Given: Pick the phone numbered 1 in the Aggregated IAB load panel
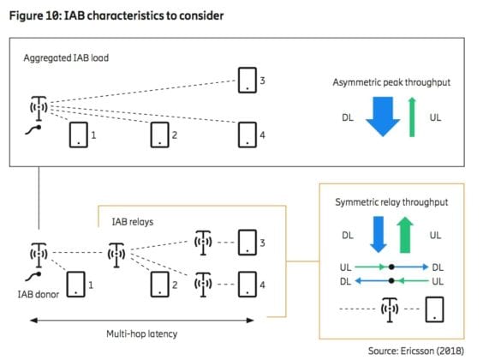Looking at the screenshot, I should pos(78,134).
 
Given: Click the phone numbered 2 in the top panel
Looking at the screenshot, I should pos(160,134).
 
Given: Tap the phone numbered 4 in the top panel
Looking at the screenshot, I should pos(247,134).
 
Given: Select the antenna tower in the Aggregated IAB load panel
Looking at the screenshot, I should pos(37,110).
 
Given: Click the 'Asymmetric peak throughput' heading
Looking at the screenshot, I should pos(391,82).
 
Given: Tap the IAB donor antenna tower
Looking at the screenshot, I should pos(37,254).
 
